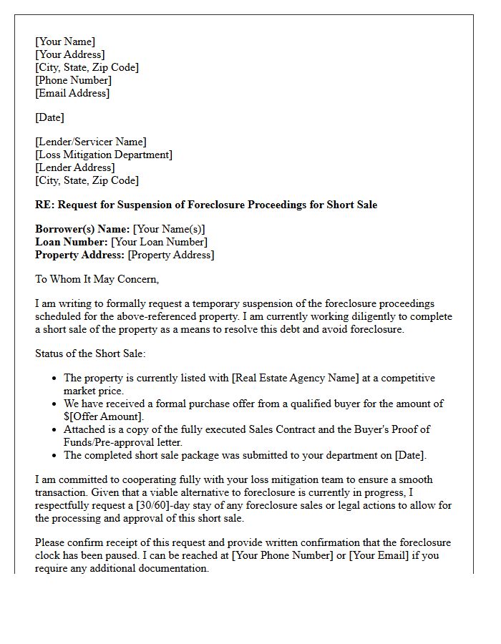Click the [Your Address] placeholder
(x=69, y=54)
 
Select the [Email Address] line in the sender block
(x=72, y=93)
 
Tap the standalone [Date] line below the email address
(x=49, y=117)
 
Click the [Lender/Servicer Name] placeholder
(x=90, y=142)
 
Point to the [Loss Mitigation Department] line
(x=104, y=155)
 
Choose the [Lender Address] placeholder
(x=74, y=167)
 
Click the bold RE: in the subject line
(x=44, y=205)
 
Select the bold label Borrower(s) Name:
(x=82, y=229)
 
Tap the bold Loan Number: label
(x=72, y=242)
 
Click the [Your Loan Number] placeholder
(x=159, y=242)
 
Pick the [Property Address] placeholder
(x=170, y=255)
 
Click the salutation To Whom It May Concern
(x=97, y=279)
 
